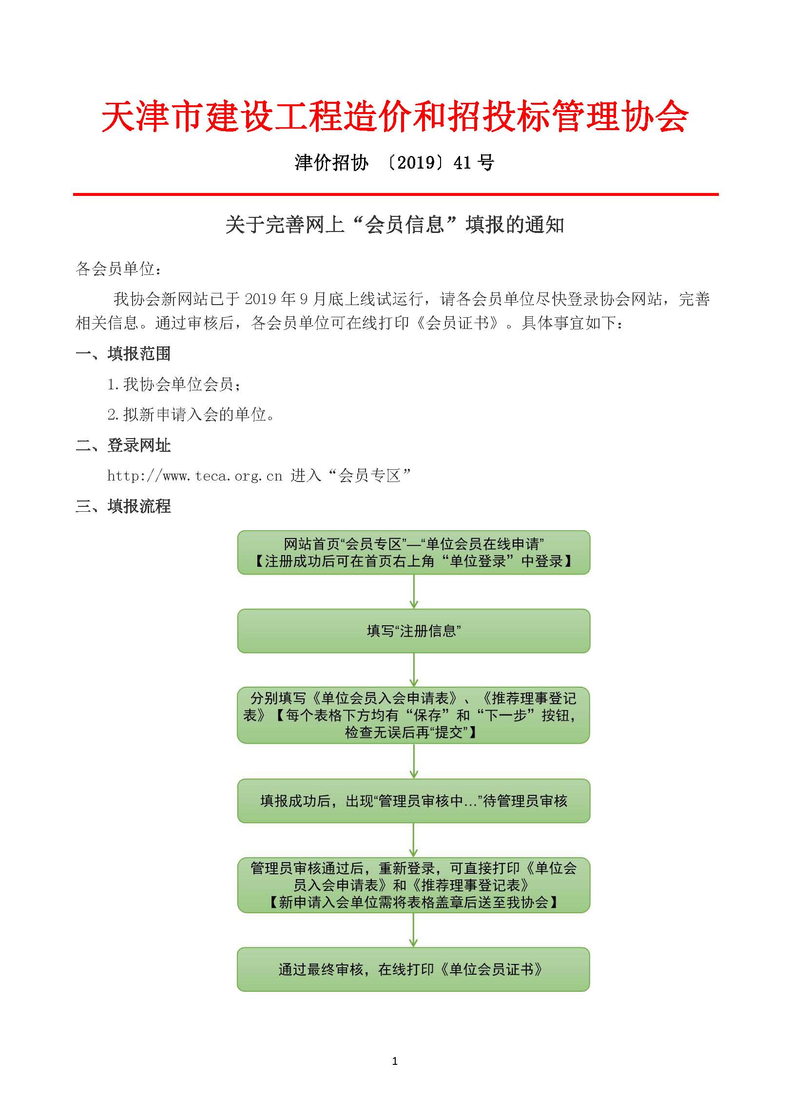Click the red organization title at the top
[x=395, y=117]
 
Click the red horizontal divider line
[x=395, y=194]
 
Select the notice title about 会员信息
[x=395, y=225]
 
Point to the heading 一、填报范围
[x=123, y=354]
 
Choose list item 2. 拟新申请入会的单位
[x=191, y=415]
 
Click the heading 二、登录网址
[x=123, y=445]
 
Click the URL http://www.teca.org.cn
[x=194, y=476]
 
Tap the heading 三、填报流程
[x=123, y=506]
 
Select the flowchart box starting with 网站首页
[x=413, y=552]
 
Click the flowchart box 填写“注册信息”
[x=413, y=631]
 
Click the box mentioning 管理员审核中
[x=413, y=801]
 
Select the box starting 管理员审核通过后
[x=413, y=885]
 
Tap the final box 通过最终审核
[x=413, y=969]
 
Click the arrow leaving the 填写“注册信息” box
[x=414, y=670]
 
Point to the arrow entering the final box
[x=414, y=930]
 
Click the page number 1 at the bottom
[x=395, y=1061]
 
